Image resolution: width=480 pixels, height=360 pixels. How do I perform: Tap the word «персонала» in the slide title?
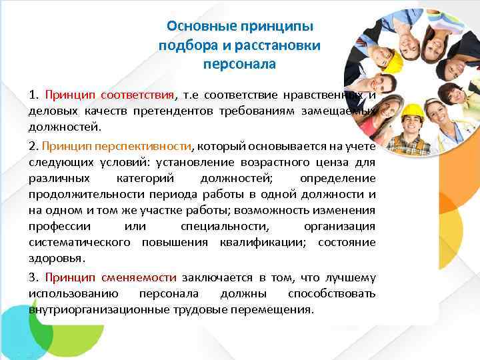click(239, 65)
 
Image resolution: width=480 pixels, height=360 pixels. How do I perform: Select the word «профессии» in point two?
click(56, 227)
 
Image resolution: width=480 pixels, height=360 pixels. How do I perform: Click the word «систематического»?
click(79, 243)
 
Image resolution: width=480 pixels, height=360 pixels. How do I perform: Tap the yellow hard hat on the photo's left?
click(391, 61)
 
